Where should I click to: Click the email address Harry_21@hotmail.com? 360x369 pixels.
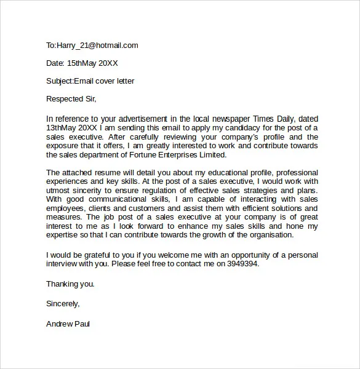click(x=97, y=45)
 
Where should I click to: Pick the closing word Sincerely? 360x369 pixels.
click(x=62, y=303)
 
